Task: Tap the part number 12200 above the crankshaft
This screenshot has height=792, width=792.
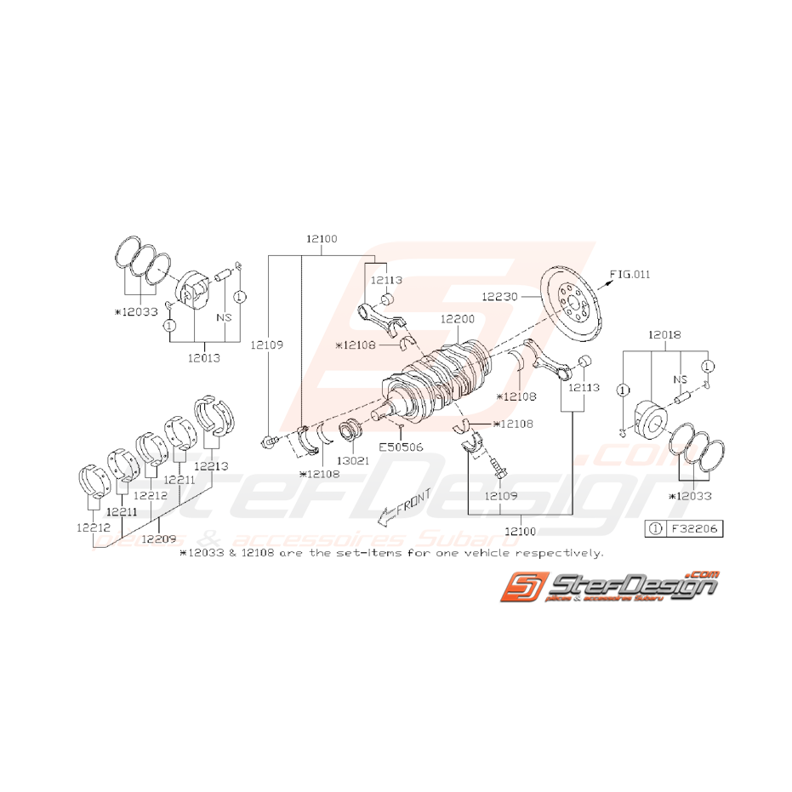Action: [458, 320]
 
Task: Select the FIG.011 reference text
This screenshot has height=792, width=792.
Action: [630, 274]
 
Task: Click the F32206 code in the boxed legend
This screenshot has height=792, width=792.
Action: [693, 528]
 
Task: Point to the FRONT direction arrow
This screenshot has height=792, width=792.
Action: [405, 504]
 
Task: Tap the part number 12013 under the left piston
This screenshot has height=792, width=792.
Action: [203, 358]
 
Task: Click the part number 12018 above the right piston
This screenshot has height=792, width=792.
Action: [665, 335]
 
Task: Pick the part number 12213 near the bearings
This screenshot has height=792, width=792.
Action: [210, 465]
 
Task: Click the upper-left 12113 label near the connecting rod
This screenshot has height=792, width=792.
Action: [385, 279]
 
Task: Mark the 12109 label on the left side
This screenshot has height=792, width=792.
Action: [266, 345]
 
